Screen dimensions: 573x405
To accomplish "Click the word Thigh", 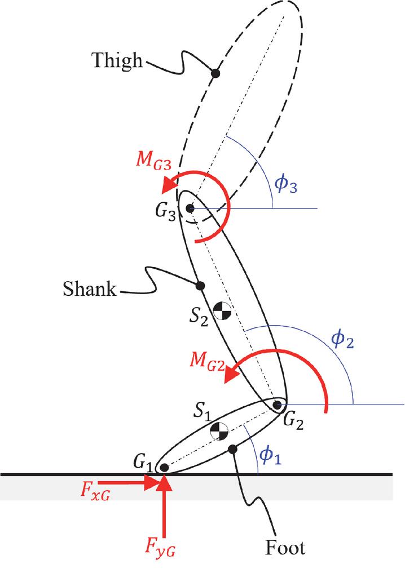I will [118, 60].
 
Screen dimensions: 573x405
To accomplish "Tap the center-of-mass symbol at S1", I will [219, 432].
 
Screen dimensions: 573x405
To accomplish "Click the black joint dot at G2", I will [277, 405].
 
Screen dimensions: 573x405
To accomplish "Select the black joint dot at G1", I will [163, 467].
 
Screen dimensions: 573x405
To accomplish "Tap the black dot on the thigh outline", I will [215, 72].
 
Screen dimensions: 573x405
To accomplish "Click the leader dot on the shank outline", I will [199, 286].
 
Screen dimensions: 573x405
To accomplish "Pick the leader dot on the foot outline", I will [232, 448].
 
